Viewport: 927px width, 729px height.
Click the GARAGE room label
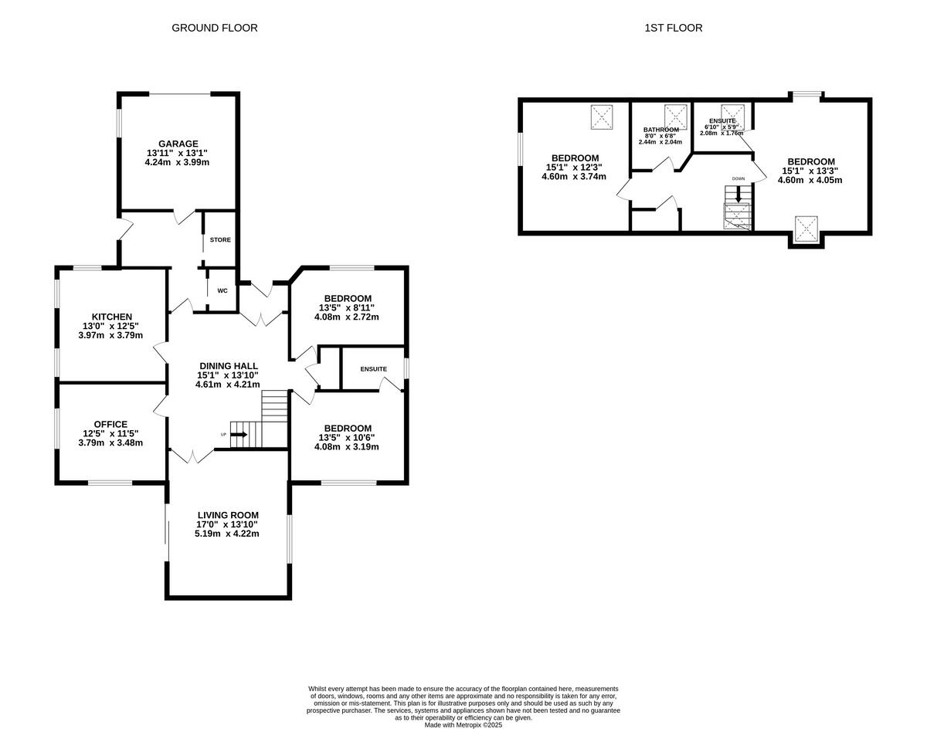(178, 144)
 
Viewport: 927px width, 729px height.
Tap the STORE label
(220, 240)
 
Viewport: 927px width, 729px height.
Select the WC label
(222, 291)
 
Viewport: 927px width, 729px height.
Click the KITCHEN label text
(112, 317)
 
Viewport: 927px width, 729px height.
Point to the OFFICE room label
(110, 424)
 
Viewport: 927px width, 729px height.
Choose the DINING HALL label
(228, 366)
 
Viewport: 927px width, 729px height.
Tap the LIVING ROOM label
(228, 515)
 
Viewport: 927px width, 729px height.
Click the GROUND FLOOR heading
(214, 28)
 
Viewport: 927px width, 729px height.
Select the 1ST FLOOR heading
(674, 28)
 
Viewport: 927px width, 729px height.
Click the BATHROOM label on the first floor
(660, 130)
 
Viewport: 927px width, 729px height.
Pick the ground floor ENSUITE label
(373, 369)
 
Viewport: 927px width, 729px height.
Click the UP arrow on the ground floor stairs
(238, 435)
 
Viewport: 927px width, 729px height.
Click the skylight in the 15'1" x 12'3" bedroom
(603, 117)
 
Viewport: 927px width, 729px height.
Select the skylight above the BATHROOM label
(676, 116)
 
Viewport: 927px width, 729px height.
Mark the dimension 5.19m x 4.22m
(228, 534)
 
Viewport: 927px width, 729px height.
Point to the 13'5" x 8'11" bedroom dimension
(348, 307)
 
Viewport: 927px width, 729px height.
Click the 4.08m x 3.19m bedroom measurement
(348, 447)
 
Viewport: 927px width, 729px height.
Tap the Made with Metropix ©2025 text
(463, 725)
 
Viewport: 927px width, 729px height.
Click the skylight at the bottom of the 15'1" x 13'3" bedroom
(806, 229)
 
